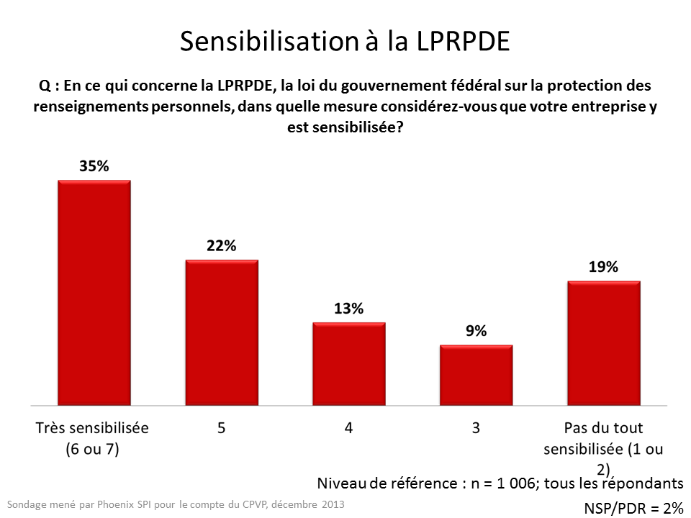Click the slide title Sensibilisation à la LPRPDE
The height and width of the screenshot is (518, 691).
[345, 42]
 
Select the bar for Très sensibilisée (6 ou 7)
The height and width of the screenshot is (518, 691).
[94, 292]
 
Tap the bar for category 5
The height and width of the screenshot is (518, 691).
[222, 332]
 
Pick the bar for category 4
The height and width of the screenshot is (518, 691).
[349, 363]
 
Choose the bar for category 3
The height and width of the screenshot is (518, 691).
[477, 375]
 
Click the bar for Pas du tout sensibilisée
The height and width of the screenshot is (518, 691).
[604, 342]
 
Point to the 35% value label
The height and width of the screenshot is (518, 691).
[94, 166]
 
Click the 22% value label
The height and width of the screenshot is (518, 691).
[222, 245]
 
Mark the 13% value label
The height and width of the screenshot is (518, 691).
[349, 309]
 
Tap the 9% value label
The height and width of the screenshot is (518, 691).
[477, 331]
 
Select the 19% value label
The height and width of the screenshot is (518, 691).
[604, 267]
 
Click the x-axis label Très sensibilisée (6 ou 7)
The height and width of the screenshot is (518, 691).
[92, 438]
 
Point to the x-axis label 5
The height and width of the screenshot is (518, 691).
[222, 428]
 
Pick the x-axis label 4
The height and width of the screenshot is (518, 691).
[349, 428]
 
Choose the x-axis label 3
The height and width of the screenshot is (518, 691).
[477, 428]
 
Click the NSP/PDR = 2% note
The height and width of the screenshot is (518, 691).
[633, 508]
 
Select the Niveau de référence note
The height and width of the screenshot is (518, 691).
[500, 483]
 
